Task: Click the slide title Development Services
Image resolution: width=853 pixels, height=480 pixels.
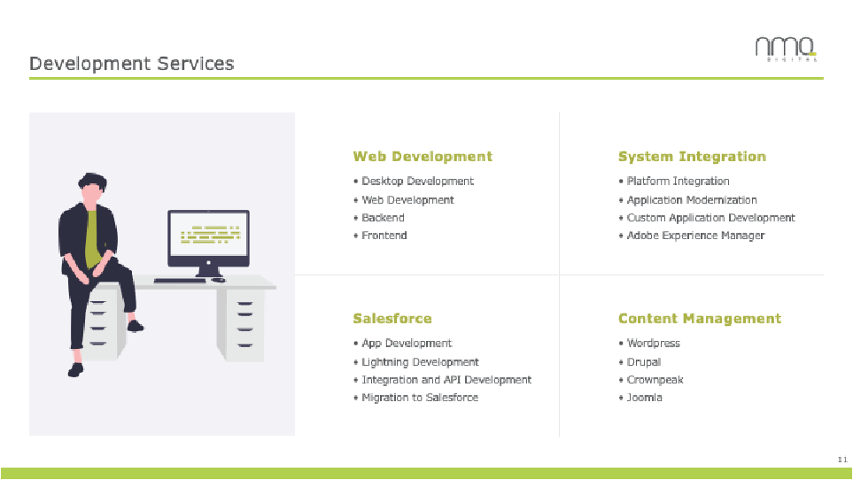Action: [x=132, y=64]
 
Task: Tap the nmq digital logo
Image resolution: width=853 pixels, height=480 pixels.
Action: [x=786, y=50]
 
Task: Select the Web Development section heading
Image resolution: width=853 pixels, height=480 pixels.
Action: [x=423, y=157]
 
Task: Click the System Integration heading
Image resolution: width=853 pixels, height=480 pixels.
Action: [x=692, y=157]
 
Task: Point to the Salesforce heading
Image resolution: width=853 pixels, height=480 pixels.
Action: [x=392, y=319]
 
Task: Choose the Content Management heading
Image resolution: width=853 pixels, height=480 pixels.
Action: [x=700, y=319]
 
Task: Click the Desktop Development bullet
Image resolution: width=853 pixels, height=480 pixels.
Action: [x=417, y=182]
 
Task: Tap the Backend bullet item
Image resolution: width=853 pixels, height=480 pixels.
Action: [x=383, y=218]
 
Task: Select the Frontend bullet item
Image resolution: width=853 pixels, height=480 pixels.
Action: [x=384, y=236]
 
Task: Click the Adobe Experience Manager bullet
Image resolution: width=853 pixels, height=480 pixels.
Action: [x=695, y=236]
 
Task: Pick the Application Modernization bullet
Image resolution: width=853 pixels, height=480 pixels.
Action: [x=692, y=200]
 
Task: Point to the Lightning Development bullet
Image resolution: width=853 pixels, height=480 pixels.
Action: [x=420, y=362]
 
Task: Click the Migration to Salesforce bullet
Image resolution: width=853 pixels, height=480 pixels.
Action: [x=420, y=398]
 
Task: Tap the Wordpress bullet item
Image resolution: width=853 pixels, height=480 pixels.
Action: [x=653, y=344]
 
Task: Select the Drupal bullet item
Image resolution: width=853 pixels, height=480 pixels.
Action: [x=644, y=362]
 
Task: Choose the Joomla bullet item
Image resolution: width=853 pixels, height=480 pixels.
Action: [x=644, y=398]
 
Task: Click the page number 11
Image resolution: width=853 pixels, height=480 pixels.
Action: [x=841, y=459]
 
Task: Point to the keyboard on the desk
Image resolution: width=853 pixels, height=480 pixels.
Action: [x=181, y=281]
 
